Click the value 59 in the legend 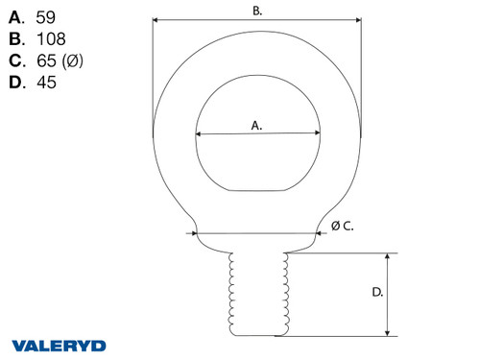click(x=45, y=17)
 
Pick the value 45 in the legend click(x=45, y=84)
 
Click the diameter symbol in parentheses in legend click(x=75, y=61)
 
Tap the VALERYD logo click(x=59, y=345)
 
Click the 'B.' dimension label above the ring click(x=257, y=11)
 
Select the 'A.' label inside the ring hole click(x=256, y=125)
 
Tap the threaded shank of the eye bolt click(x=256, y=293)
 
